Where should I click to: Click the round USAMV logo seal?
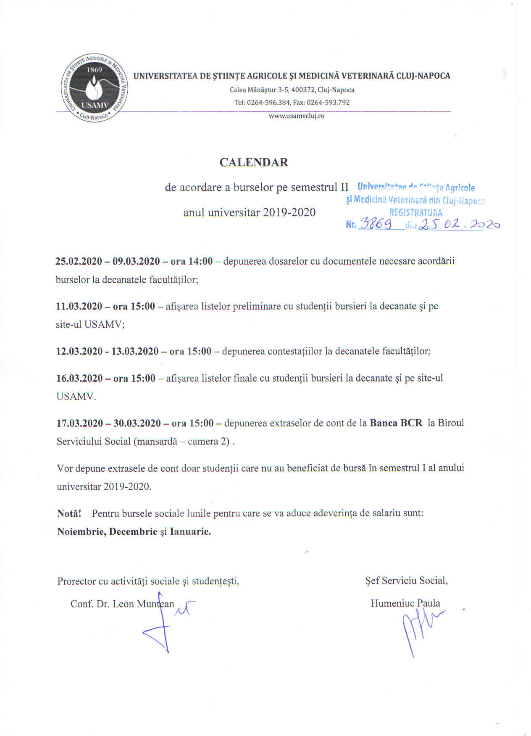pos(93,88)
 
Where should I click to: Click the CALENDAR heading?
pos(254,163)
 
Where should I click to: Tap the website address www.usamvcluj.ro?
pos(297,116)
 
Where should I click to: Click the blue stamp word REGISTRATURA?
pos(415,213)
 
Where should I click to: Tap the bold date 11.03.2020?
pos(79,306)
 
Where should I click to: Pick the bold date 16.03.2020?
pos(79,378)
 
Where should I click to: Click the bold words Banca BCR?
pos(396,423)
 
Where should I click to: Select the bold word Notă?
pos(69,513)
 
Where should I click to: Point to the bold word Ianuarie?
pos(190,531)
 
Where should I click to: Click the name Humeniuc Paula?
pos(405,604)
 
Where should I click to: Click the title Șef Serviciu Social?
pos(406,581)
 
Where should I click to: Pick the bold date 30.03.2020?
pos(137,423)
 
